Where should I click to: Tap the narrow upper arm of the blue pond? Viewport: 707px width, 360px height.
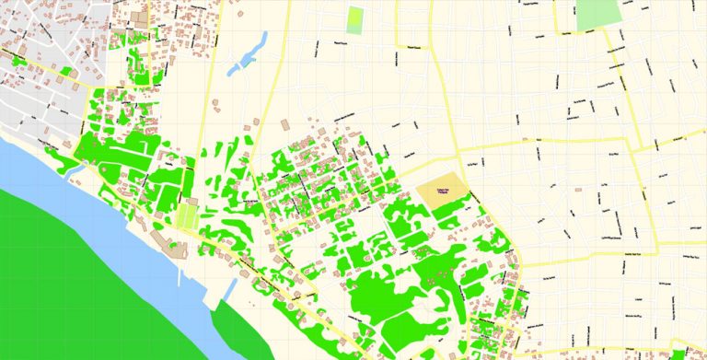pos(262,41)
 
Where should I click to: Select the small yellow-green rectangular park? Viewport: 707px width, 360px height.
pos(355,19)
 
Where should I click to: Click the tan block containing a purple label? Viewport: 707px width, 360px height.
pos(442,192)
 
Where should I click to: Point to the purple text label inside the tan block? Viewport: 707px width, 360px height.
pos(444,191)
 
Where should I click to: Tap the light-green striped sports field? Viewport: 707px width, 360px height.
pos(187,217)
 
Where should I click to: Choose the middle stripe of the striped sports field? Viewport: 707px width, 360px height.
pos(187,217)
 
